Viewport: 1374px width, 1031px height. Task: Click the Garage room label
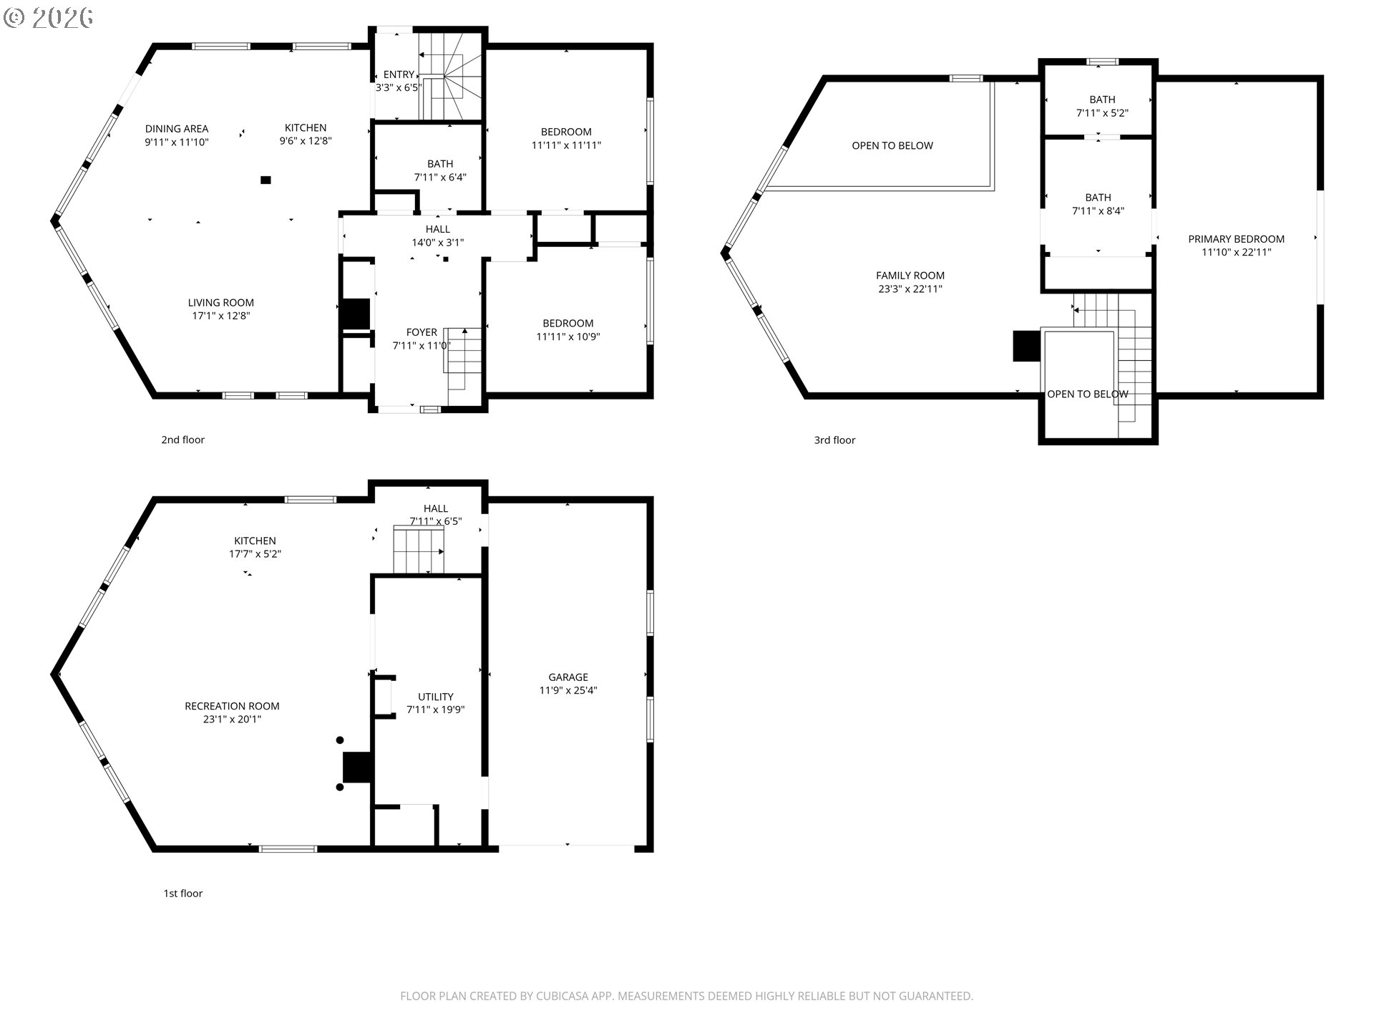tap(568, 677)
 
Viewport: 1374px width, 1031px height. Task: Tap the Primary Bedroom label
tap(1237, 239)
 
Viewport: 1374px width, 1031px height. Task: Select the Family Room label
tap(910, 276)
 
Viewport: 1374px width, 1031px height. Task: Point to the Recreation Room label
tap(232, 706)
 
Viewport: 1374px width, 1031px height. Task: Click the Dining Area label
tap(177, 129)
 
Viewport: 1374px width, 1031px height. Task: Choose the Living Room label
tap(221, 303)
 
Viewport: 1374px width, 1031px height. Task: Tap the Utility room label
tap(436, 697)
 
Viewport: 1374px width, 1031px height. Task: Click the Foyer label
tap(422, 332)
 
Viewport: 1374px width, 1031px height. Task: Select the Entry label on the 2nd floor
tap(399, 74)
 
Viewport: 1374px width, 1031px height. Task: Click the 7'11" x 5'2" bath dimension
tap(1102, 113)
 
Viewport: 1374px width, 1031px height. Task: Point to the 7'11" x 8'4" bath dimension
tap(1098, 211)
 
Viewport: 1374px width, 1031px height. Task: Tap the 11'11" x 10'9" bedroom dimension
tap(568, 337)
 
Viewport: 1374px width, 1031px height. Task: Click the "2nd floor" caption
tap(183, 440)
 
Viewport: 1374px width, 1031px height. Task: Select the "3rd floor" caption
tap(834, 440)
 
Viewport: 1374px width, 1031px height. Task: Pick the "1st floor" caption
tap(183, 894)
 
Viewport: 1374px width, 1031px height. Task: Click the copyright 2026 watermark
tap(49, 17)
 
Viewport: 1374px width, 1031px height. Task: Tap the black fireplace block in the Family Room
tap(1027, 346)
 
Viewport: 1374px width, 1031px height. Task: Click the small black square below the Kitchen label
tap(266, 180)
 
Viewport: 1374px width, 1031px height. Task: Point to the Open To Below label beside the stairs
tap(1088, 395)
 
